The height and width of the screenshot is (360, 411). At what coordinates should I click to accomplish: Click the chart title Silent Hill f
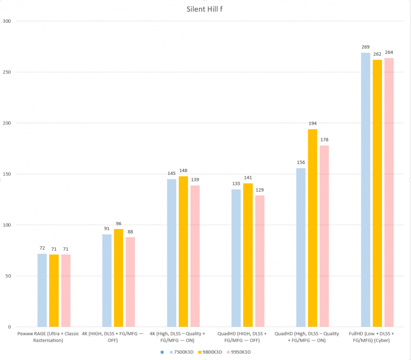click(x=206, y=9)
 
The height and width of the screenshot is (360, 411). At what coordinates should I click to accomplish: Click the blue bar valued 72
click(x=42, y=290)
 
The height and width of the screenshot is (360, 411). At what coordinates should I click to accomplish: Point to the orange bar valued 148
click(x=183, y=252)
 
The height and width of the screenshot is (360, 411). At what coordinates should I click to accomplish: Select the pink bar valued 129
click(x=260, y=261)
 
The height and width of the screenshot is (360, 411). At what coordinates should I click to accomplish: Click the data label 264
click(x=389, y=53)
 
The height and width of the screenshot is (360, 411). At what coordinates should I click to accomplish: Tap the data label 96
click(x=119, y=224)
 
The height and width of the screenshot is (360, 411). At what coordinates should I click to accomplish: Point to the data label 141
click(x=248, y=178)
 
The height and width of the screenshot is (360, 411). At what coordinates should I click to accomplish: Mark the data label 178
click(x=324, y=140)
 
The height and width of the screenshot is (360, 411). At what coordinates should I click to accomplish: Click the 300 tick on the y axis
click(x=7, y=21)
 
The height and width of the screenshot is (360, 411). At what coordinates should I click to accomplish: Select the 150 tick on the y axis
click(x=7, y=174)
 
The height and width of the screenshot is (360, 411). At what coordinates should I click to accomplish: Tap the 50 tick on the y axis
click(x=8, y=276)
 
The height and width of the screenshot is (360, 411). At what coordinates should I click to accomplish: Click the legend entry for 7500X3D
click(x=183, y=352)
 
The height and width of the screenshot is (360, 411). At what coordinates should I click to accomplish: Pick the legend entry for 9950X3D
click(x=242, y=352)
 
